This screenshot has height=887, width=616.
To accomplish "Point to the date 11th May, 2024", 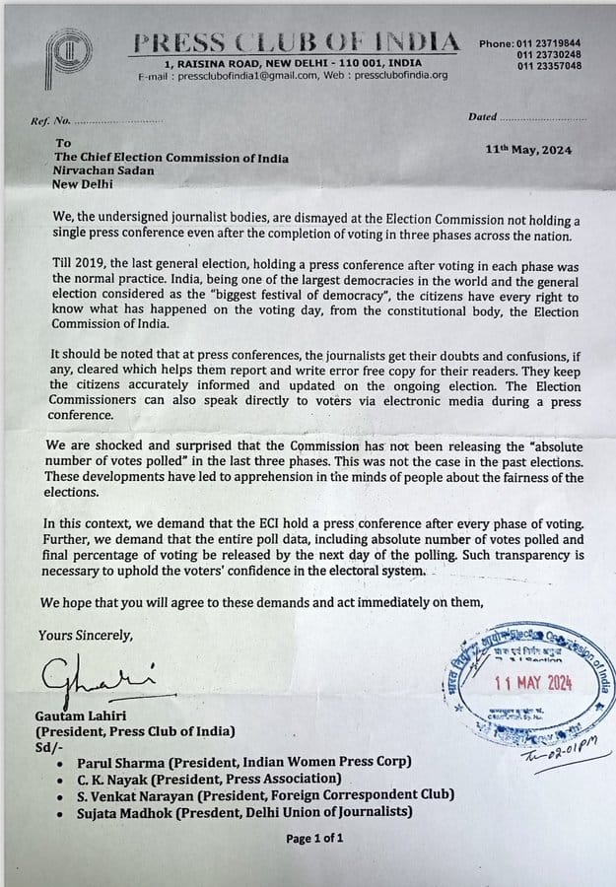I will (x=528, y=150).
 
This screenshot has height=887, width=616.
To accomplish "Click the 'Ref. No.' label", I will (x=51, y=120).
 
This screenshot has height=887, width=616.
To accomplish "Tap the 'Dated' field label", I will (x=482, y=117).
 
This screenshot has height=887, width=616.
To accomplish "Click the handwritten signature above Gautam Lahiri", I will (x=96, y=679).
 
